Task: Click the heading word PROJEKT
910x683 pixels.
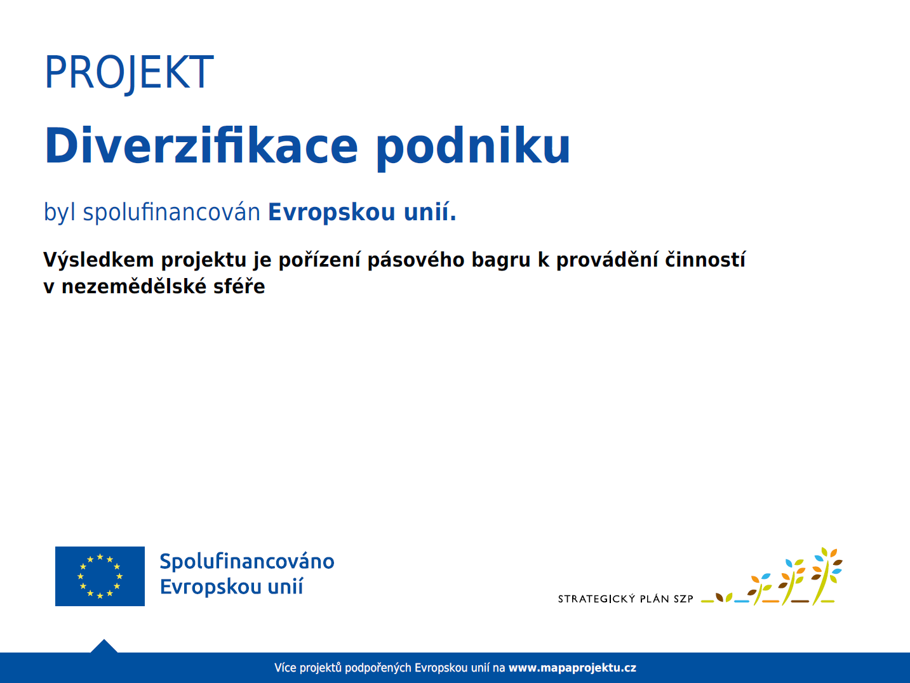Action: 129,72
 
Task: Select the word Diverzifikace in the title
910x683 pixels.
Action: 201,146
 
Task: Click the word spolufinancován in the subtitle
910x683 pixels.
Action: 171,212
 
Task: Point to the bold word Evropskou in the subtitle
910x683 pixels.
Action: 331,212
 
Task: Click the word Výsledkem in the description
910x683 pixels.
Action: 98,260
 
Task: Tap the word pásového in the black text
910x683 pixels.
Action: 416,260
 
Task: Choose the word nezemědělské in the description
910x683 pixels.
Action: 134,286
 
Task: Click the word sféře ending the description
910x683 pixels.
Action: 239,286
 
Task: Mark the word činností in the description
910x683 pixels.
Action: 705,259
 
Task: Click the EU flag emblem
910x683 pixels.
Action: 100,576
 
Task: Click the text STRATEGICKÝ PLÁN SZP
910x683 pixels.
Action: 626,599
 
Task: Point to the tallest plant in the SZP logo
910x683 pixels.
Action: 826,576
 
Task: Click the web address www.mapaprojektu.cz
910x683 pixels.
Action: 573,668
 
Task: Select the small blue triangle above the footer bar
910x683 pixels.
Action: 104,646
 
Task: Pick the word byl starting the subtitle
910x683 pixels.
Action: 60,212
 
